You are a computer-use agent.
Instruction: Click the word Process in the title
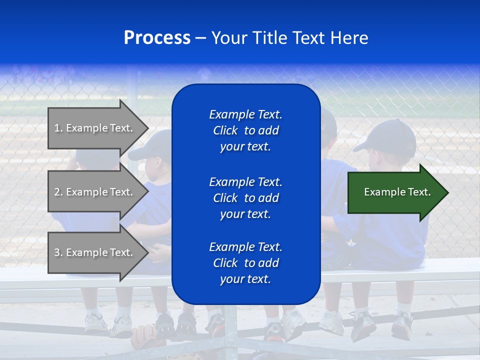pyautogui.click(x=157, y=38)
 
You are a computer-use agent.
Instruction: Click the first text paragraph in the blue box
pyautogui.click(x=245, y=130)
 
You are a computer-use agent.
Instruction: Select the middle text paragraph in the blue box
pyautogui.click(x=245, y=198)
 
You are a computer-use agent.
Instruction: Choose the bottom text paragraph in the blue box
pyautogui.click(x=245, y=263)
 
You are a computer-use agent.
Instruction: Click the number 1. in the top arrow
pyautogui.click(x=58, y=128)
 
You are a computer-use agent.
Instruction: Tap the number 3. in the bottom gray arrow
pyautogui.click(x=58, y=252)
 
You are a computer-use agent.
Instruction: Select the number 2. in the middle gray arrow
pyautogui.click(x=58, y=192)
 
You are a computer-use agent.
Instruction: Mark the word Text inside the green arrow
pyautogui.click(x=419, y=192)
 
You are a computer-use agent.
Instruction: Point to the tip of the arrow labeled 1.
pyautogui.click(x=148, y=128)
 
